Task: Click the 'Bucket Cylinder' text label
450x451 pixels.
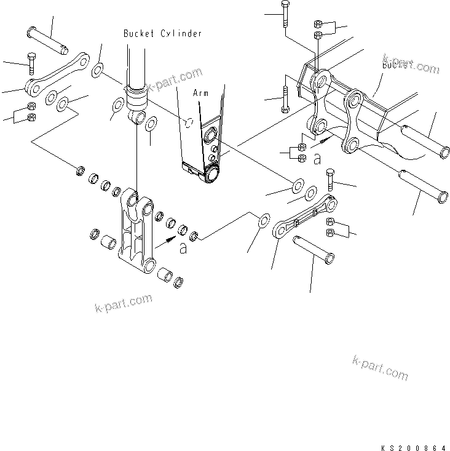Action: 162,33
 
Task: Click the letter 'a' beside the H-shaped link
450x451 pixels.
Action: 183,248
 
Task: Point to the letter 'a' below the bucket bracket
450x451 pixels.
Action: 317,159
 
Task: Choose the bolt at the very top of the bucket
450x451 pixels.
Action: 285,15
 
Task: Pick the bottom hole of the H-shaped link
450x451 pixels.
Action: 149,266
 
